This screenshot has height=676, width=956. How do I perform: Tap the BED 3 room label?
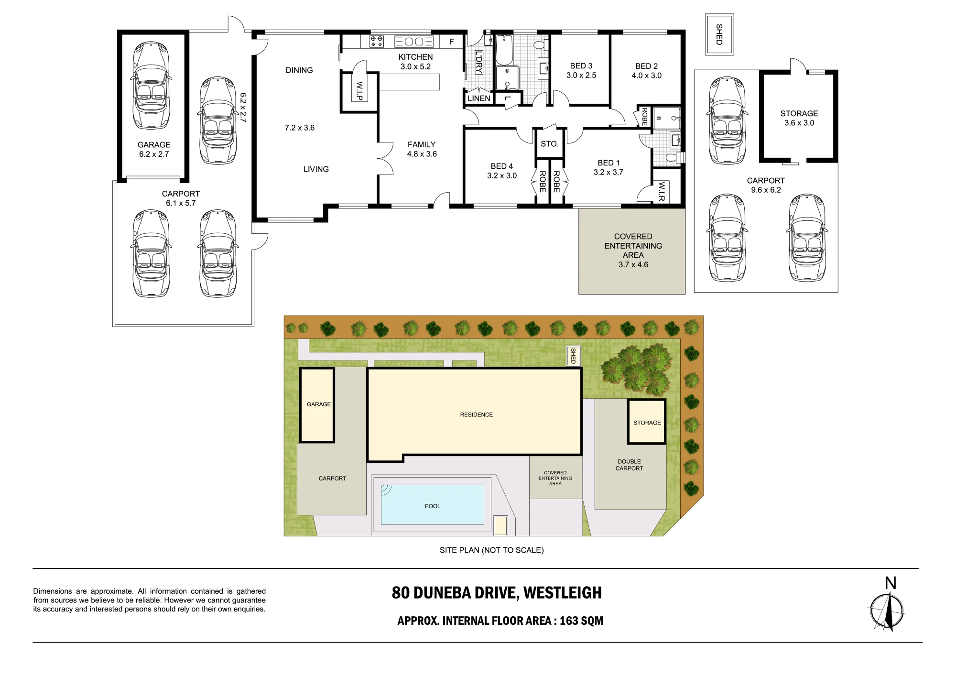(581, 70)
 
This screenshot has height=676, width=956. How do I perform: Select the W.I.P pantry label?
(359, 91)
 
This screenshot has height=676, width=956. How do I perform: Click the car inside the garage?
(151, 86)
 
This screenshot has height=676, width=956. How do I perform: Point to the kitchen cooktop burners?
(377, 41)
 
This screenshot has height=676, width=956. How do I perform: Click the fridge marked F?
(451, 42)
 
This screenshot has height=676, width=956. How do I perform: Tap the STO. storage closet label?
(550, 144)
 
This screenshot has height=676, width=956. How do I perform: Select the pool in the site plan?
(433, 505)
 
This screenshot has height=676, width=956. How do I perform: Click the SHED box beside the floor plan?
(719, 34)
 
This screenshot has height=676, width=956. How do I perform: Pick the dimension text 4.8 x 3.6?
(422, 154)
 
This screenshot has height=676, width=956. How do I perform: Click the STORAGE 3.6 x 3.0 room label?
(799, 118)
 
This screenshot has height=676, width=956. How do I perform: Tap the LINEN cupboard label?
(479, 98)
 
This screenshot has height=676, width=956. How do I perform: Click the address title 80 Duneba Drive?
(497, 593)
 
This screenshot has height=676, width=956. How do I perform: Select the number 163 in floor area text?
(569, 621)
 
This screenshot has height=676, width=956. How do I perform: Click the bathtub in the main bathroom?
(504, 50)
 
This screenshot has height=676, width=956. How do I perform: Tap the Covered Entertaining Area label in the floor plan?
(633, 251)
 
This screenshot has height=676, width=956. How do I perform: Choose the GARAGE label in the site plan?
(319, 404)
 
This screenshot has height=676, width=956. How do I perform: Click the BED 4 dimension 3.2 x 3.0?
(502, 176)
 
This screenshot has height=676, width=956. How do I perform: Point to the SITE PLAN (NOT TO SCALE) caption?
(491, 550)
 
